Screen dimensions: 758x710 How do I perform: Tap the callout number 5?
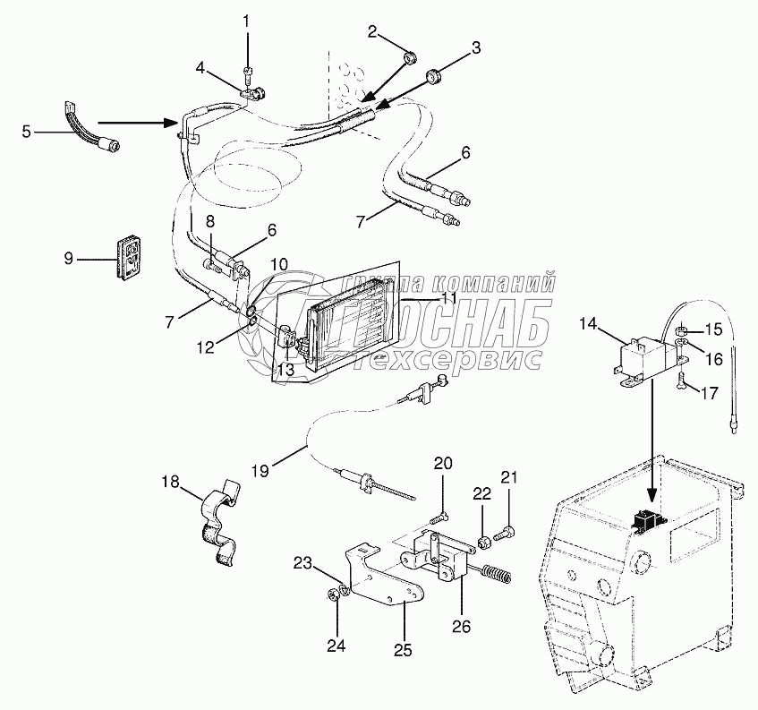pyautogui.click(x=26, y=132)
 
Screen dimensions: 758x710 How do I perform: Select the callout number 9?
pyautogui.click(x=67, y=259)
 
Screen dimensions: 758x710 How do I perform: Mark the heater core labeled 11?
pyautogui.click(x=351, y=327)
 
